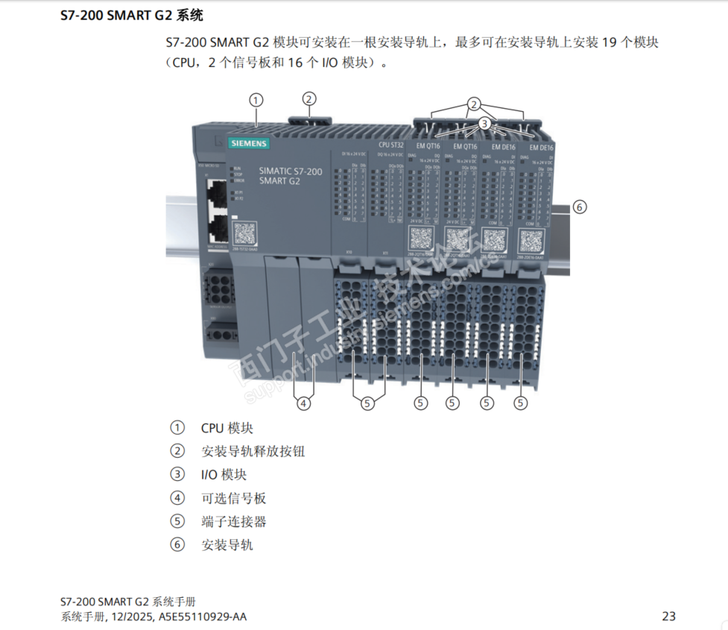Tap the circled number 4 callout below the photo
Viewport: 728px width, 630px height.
303,403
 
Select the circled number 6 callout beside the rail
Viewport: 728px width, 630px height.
579,207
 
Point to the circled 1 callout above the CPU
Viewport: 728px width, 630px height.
255,99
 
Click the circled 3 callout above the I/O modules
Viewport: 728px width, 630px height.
484,123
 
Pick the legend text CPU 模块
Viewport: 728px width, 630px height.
227,428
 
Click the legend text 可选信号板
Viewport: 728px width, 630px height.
233,498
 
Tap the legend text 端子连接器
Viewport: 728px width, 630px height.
233,521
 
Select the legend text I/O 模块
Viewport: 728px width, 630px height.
224,474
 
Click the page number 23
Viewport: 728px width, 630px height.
668,616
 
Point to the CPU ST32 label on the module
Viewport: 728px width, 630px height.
390,145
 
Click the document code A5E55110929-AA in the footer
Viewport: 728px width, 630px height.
202,617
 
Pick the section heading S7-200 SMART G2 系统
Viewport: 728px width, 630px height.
131,15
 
